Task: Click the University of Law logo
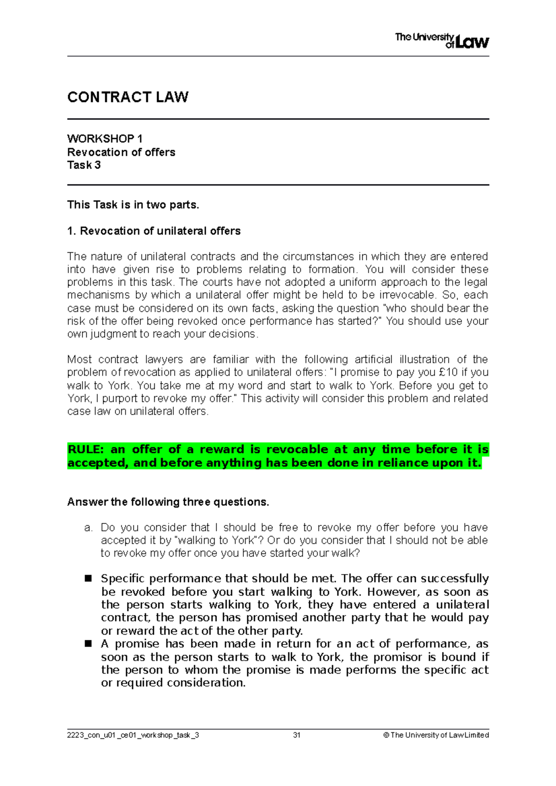tap(442, 41)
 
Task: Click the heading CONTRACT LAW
tap(127, 97)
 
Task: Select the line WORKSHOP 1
tap(105, 139)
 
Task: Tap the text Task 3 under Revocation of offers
tap(84, 165)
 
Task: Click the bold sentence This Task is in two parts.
tap(133, 205)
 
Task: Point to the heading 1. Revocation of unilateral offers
tap(154, 231)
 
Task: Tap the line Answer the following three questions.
tap(168, 502)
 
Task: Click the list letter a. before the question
tap(89, 528)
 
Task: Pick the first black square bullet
tap(88, 579)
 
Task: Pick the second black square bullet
tap(88, 644)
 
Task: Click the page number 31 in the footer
tap(297, 735)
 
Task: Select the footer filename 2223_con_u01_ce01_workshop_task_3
tap(133, 735)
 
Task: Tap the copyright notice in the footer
tap(436, 735)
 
